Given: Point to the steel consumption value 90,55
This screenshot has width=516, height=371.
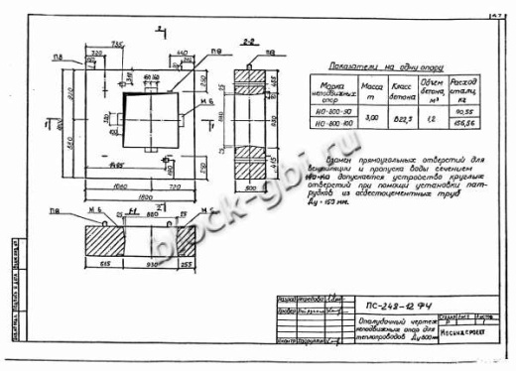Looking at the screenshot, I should [459, 108].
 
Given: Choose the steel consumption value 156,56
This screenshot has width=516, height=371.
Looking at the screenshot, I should [459, 126].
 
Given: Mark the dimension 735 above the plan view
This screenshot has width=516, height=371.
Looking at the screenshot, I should [118, 44].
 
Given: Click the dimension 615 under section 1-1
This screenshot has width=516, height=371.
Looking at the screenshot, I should [105, 267].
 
